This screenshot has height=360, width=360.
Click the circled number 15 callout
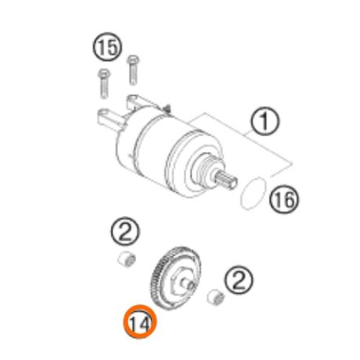[x=106, y=49]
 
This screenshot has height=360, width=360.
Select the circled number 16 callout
[x=283, y=202]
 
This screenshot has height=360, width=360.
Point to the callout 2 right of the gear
[x=239, y=277]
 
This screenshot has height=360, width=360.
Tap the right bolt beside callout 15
[x=132, y=69]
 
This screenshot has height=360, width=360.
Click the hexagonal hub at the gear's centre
[x=180, y=277]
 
